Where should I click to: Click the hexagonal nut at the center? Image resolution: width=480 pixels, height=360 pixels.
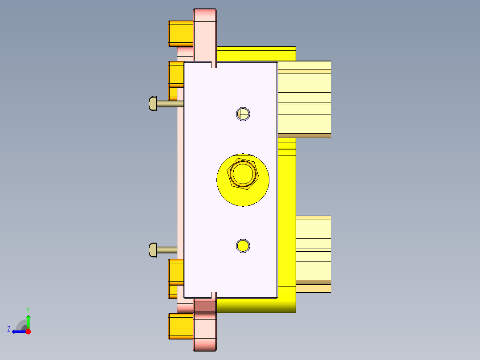pyautogui.click(x=243, y=174)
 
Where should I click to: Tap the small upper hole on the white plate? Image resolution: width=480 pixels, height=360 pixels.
pyautogui.click(x=243, y=114)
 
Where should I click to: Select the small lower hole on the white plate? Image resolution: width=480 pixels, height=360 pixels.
pyautogui.click(x=243, y=245)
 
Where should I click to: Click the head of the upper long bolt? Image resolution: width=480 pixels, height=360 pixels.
pyautogui.click(x=152, y=103)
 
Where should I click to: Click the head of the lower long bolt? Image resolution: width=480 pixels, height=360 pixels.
pyautogui.click(x=152, y=250)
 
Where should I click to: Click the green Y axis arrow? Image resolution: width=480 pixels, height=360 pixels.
pyautogui.click(x=28, y=320)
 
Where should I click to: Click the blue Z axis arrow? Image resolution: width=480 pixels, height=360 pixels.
pyautogui.click(x=18, y=331)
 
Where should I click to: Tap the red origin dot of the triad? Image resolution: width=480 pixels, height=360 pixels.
pyautogui.click(x=28, y=331)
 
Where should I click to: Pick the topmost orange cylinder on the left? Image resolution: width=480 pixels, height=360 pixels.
pyautogui.click(x=180, y=33)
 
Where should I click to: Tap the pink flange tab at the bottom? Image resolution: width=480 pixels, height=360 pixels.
pyautogui.click(x=205, y=330)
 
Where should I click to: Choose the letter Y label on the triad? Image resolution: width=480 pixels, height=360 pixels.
pyautogui.click(x=28, y=309)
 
